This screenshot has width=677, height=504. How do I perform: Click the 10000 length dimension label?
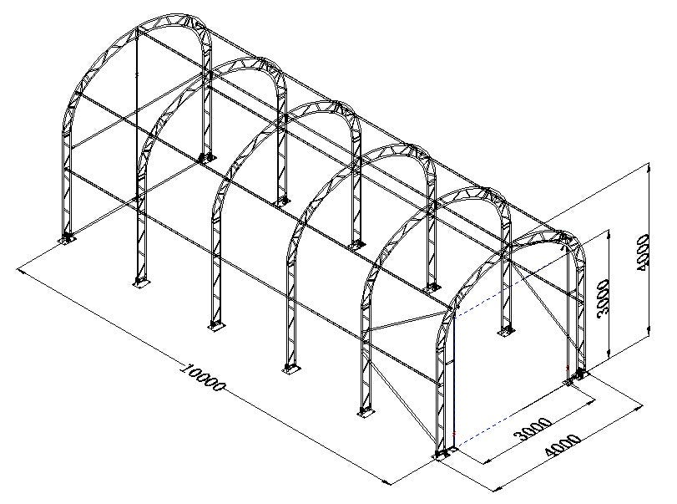pyautogui.click(x=203, y=377)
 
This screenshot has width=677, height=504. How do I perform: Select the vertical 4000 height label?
pyautogui.click(x=642, y=253)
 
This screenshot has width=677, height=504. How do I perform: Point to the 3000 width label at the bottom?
pyautogui.click(x=534, y=429)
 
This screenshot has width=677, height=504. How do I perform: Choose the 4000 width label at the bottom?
pyautogui.click(x=563, y=445)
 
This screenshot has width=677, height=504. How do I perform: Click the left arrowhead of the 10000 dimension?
pyautogui.click(x=21, y=271)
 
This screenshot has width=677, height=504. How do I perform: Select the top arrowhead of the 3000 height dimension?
pyautogui.click(x=609, y=234)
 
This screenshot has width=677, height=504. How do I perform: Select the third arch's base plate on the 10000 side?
pyautogui.click(x=215, y=325)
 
